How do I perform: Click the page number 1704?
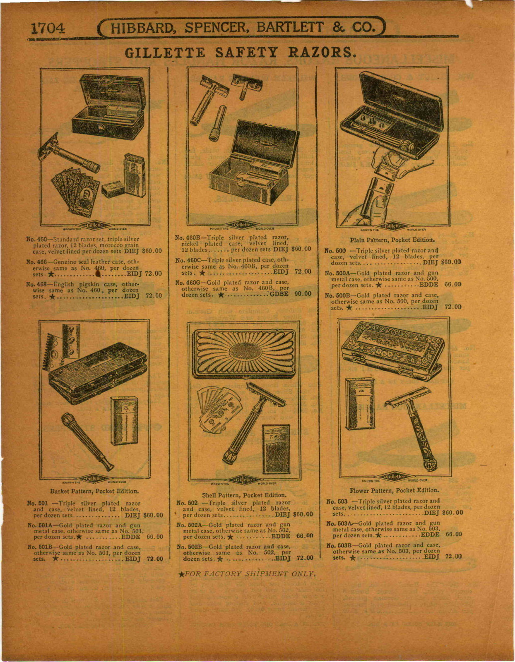point(48,28)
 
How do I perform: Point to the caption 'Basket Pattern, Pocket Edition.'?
point(94,492)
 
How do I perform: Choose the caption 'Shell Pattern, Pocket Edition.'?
point(244,495)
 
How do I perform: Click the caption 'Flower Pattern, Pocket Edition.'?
point(394,490)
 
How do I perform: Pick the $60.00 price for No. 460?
point(152,251)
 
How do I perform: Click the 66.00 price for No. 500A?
point(452,285)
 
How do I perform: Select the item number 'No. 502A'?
point(189,525)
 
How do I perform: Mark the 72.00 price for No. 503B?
point(453,556)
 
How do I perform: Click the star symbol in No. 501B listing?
point(55,559)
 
